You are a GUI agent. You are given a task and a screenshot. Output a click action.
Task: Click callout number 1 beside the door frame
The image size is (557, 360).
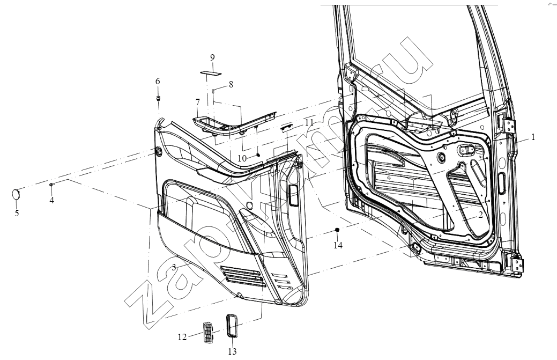533,137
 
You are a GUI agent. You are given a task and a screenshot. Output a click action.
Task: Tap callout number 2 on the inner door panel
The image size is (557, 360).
480,215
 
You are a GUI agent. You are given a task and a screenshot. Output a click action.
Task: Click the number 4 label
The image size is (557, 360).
52,201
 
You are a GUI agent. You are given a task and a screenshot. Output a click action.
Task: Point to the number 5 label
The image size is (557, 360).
17,213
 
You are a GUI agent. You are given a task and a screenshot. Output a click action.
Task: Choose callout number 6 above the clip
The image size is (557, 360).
158,82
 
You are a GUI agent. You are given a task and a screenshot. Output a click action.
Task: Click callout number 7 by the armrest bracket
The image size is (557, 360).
197,102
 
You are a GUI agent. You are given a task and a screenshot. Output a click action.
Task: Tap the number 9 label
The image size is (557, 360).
212,57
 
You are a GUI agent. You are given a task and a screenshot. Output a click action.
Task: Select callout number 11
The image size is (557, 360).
309,123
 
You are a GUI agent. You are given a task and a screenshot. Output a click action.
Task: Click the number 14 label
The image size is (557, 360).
338,245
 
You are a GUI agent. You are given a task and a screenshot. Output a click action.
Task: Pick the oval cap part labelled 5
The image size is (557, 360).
16,195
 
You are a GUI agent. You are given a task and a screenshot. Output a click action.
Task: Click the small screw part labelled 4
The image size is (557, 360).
51,184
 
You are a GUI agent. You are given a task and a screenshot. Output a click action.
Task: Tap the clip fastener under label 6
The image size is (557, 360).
158,98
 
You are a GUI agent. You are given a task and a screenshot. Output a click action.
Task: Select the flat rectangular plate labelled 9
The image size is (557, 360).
211,73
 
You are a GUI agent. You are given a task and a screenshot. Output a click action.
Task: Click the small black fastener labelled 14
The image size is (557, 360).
337,230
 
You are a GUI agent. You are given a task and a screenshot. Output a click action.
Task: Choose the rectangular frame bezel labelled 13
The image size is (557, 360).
232,325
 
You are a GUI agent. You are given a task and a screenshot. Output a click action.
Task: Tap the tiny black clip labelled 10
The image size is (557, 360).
258,155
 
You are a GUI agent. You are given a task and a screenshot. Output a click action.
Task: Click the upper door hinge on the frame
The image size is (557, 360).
510,126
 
